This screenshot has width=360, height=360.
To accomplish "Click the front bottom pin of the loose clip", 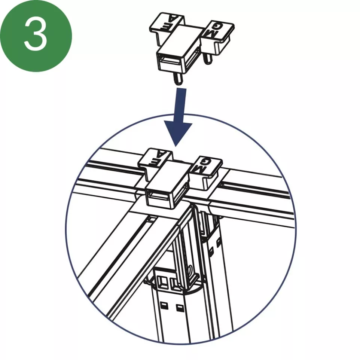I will (x=178, y=79).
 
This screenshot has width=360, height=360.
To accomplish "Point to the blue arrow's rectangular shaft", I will (x=180, y=105).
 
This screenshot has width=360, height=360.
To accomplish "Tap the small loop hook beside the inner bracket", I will (x=192, y=271).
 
